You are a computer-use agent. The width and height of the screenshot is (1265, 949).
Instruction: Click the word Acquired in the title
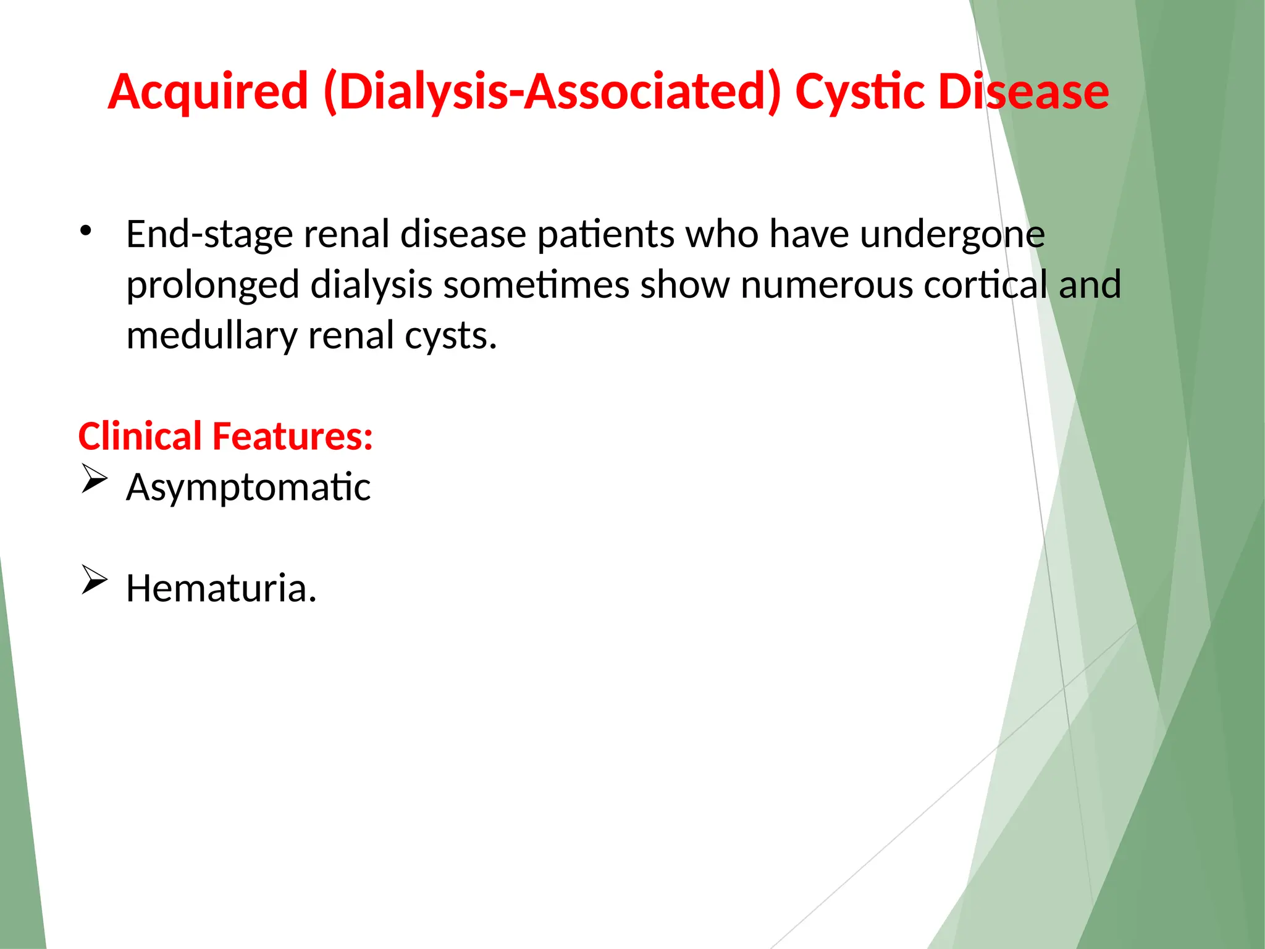pos(208,92)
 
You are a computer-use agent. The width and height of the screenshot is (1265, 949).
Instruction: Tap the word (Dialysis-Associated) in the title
pos(552,92)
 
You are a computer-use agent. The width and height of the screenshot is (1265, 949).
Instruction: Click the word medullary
pos(212,337)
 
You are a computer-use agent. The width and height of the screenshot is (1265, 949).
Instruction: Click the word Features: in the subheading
pos(292,436)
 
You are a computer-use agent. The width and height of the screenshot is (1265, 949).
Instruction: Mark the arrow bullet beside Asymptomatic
pos(94,480)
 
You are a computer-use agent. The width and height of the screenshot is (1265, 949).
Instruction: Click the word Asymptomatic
pos(248,487)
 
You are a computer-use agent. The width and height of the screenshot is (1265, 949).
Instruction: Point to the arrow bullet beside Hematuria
pos(94,581)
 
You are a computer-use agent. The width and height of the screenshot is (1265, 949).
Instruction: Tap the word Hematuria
pos(221,588)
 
